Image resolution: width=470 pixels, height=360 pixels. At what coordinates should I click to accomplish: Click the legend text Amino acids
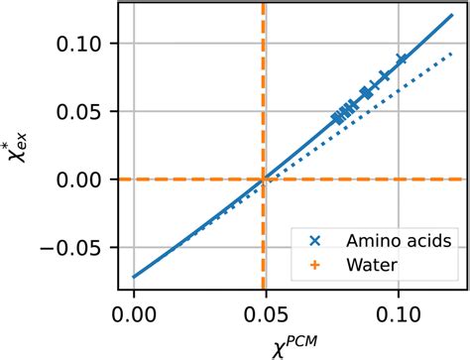[x=392, y=241]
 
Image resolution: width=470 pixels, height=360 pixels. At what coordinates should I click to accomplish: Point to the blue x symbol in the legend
[x=314, y=241]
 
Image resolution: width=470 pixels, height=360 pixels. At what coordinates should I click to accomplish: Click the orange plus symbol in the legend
[x=314, y=266]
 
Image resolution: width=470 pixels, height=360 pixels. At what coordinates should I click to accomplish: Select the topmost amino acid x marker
[x=402, y=60]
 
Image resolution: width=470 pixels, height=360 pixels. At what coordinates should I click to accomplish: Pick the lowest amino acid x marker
[x=337, y=117]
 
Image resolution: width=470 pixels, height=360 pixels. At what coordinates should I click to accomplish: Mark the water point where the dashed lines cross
[x=263, y=180]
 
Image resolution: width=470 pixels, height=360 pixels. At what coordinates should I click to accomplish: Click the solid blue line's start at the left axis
[x=134, y=277]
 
